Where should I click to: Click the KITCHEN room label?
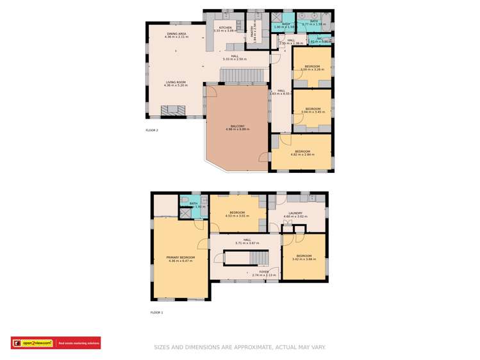pyautogui.click(x=225, y=28)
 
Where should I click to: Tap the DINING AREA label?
pyautogui.click(x=176, y=33)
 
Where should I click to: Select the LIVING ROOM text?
pyautogui.click(x=176, y=83)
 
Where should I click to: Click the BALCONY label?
pyautogui.click(x=237, y=126)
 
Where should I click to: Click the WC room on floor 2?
pyautogui.click(x=319, y=40)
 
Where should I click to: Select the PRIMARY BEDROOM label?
pyautogui.click(x=181, y=257)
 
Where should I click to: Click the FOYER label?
pyautogui.click(x=263, y=272)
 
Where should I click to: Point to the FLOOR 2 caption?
pyautogui.click(x=152, y=130)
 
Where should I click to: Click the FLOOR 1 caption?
pyautogui.click(x=157, y=313)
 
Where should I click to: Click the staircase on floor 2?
pyautogui.click(x=242, y=77)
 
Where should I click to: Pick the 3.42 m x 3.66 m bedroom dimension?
pyautogui.click(x=304, y=259)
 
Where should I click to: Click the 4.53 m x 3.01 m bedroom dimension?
pyautogui.click(x=237, y=216)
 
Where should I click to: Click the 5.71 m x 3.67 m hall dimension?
pyautogui.click(x=246, y=243)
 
